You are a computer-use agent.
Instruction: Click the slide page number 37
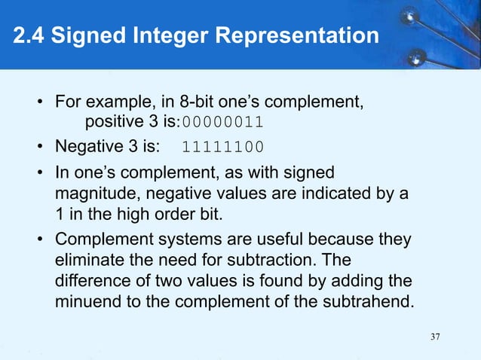point(435,336)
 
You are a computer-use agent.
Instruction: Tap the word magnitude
point(94,194)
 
